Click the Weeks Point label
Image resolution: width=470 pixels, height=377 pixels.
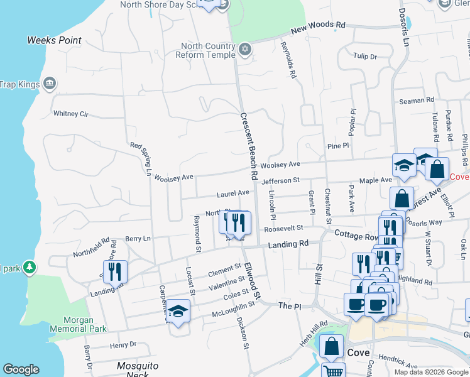(x=54, y=40)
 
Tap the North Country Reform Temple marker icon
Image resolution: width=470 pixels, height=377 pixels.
(x=244, y=48)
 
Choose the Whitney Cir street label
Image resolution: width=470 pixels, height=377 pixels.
(x=71, y=114)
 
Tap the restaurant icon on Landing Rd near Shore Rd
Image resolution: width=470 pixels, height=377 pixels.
(x=115, y=271)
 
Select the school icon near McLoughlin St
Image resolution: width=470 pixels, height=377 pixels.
(x=178, y=311)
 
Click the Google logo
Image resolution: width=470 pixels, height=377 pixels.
(x=21, y=369)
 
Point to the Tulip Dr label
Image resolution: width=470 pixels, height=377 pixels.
(x=364, y=57)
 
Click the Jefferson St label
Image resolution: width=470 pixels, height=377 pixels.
(x=280, y=181)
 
